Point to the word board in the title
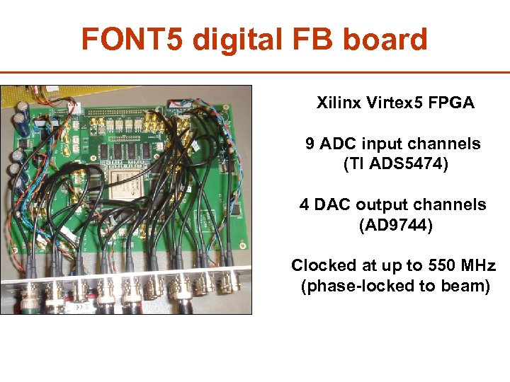tap(387, 40)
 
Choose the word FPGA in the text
tap(451, 103)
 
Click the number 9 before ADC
tap(310, 144)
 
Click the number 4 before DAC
tap(304, 205)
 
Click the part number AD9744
tap(395, 226)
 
